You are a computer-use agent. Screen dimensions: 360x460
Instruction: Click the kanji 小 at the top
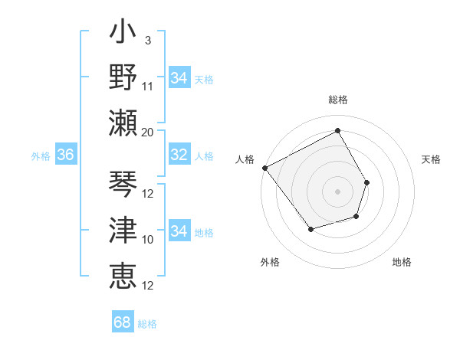click(x=123, y=35)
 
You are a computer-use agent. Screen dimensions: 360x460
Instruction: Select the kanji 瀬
click(x=123, y=123)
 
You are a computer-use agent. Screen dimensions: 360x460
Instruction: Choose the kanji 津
click(x=123, y=230)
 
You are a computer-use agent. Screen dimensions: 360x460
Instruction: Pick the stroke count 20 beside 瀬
click(x=148, y=132)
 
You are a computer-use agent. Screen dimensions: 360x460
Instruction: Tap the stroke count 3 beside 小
click(x=147, y=40)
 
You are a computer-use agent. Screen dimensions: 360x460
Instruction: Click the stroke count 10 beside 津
click(x=148, y=240)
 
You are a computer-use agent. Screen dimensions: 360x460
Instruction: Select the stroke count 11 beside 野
click(x=148, y=86)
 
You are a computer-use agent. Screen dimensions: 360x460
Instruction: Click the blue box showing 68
click(x=123, y=322)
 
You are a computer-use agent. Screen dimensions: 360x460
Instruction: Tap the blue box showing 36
click(x=66, y=155)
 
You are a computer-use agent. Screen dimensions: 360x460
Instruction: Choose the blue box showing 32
click(x=179, y=155)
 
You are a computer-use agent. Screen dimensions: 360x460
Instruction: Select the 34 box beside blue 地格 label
click(x=179, y=231)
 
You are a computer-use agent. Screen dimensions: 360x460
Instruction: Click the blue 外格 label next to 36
click(x=41, y=155)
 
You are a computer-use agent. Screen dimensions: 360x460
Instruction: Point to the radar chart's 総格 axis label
click(x=337, y=100)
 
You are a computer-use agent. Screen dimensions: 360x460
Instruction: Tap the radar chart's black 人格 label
click(x=245, y=159)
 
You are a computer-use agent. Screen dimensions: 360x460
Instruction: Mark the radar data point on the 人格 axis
click(x=264, y=168)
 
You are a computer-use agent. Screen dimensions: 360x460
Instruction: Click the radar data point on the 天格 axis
click(x=367, y=182)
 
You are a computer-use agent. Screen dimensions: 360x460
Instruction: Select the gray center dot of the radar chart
click(x=337, y=191)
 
